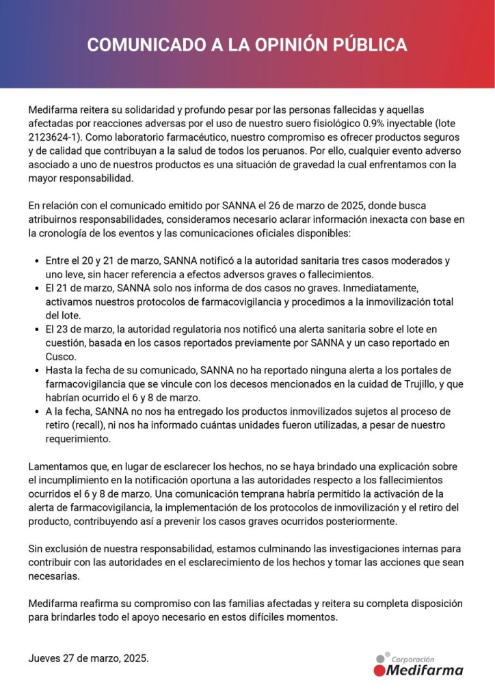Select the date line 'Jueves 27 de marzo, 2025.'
point(88,658)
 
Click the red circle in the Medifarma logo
point(379,671)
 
